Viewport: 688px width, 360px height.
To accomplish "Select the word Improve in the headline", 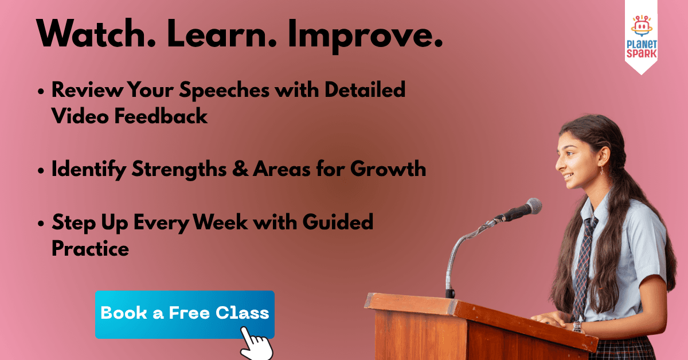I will pos(366,37).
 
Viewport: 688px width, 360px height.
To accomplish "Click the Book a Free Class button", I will pos(184,313).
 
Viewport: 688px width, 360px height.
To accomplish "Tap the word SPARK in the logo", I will pos(642,53).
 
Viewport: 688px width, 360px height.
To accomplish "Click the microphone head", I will pos(532,206).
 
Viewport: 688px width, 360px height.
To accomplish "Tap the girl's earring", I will pos(601,170).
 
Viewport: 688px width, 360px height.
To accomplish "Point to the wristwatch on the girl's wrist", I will pos(577,327).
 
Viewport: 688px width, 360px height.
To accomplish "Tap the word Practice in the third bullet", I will pos(90,249).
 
